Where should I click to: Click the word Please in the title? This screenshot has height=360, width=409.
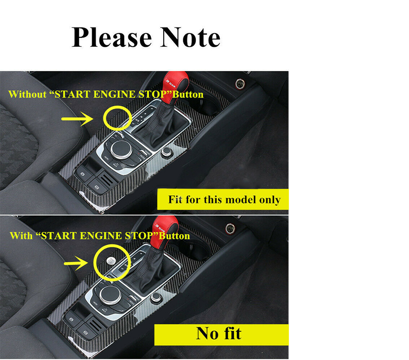pyautogui.click(x=112, y=38)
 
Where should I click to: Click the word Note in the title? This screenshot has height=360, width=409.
pyautogui.click(x=190, y=37)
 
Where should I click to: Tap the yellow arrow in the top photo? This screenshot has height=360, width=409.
pyautogui.click(x=77, y=119)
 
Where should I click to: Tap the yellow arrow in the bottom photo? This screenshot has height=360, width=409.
pyautogui.click(x=76, y=263)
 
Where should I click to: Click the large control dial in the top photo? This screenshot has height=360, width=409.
pyautogui.click(x=121, y=150)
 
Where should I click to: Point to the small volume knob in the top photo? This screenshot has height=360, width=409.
pyautogui.click(x=166, y=152)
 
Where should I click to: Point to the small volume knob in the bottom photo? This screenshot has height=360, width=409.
pyautogui.click(x=156, y=297)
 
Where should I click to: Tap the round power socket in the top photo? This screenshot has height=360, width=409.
pyautogui.click(x=240, y=84)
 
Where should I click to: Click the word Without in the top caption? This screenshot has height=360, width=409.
pyautogui.click(x=28, y=94)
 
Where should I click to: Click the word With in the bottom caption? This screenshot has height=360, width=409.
pyautogui.click(x=22, y=236)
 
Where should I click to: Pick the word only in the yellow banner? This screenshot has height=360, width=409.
pyautogui.click(x=270, y=200)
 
